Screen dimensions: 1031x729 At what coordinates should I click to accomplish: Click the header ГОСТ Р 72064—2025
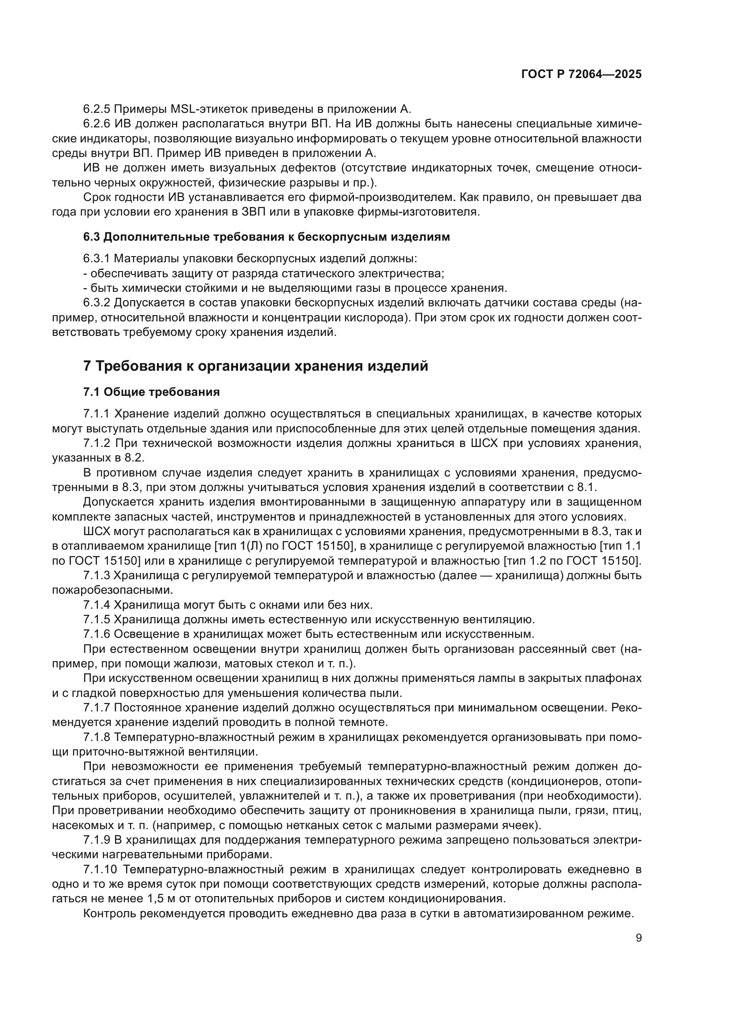(581, 74)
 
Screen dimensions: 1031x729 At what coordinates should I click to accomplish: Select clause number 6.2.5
(97, 109)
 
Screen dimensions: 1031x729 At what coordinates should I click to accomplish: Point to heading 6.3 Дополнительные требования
(266, 237)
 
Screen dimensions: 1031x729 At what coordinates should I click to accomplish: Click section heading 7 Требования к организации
(256, 366)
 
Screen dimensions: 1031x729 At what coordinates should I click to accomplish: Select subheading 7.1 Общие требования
(151, 392)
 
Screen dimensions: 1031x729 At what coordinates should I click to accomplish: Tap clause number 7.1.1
(97, 413)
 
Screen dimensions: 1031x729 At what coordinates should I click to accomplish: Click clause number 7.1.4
(97, 605)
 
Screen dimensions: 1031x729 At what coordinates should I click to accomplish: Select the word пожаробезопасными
(112, 590)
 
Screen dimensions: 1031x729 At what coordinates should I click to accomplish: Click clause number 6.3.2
(97, 303)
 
